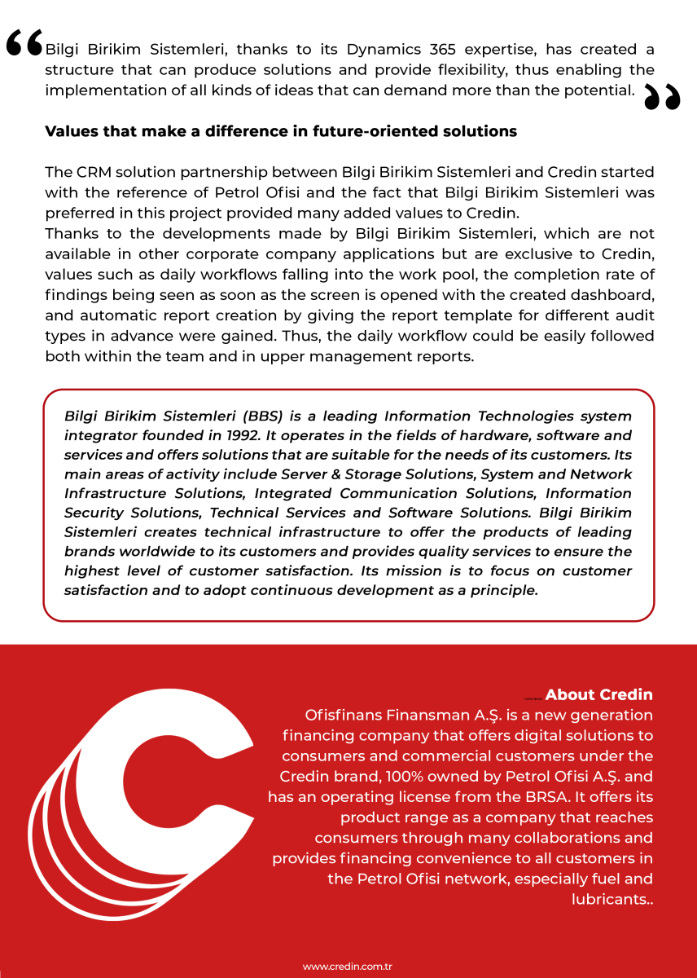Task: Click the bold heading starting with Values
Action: click(x=281, y=131)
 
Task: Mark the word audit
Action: click(x=633, y=315)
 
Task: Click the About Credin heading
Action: click(x=598, y=695)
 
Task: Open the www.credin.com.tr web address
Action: click(x=348, y=967)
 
